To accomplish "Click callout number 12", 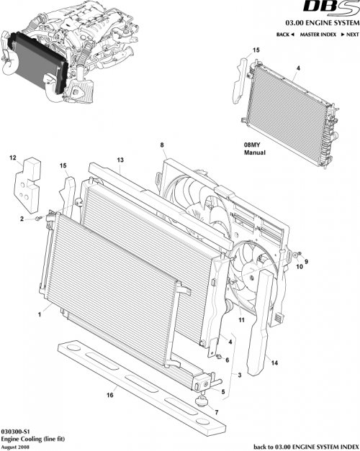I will pos(12,157).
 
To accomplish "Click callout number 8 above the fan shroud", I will pos(163,145).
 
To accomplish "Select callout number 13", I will pos(120,159).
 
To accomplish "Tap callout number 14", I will pos(276,365).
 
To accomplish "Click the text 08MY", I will pos(253,145).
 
